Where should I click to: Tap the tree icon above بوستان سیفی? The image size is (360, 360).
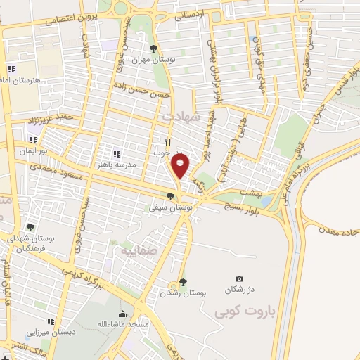point(169,197)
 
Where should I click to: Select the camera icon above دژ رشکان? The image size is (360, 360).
point(239,279)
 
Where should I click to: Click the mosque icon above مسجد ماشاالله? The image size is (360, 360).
point(122,314)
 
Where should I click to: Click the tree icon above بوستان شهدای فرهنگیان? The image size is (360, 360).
point(30,227)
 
